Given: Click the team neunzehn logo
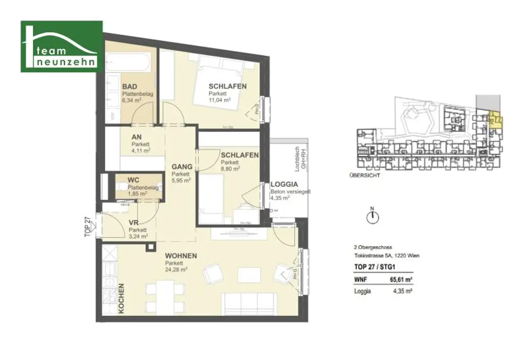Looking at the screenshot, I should point(61,46).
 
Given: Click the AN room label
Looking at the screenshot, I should point(136,137).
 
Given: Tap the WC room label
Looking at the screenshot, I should point(133,181).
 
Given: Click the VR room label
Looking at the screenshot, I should point(134,223).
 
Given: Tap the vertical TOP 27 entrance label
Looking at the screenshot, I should point(88,226).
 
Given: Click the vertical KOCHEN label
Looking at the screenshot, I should point(121,298).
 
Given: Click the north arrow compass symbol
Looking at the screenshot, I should point(373,217).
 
